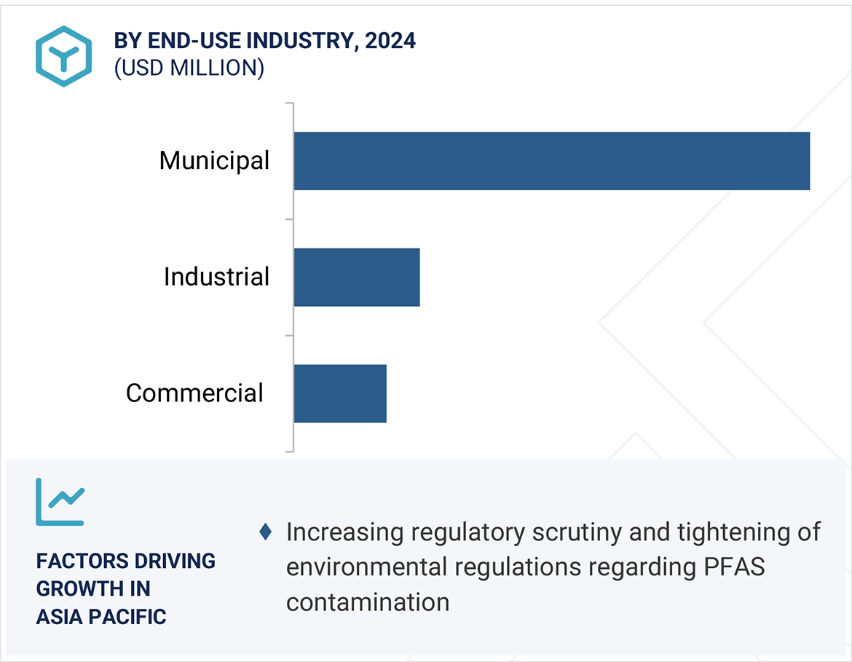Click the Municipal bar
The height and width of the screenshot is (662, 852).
point(551,161)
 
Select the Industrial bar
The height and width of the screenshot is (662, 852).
point(357,277)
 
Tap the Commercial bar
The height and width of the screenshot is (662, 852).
point(340,393)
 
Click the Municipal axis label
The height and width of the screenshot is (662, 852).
point(214,160)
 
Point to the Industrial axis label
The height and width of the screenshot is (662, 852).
point(216,277)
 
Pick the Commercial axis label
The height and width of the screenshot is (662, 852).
point(194,393)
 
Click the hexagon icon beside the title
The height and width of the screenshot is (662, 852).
point(64,56)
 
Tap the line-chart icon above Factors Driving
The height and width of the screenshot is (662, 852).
point(60,502)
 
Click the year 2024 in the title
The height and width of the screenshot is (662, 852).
point(390,41)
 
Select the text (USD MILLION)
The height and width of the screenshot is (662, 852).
point(189,68)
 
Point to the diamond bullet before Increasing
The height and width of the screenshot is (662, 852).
point(266,532)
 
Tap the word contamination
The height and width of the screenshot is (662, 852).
point(367,602)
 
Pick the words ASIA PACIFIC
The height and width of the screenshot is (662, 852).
point(101,617)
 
